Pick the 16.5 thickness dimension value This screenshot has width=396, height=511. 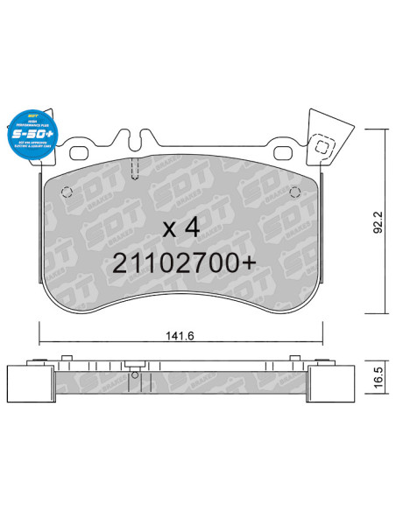click(378, 380)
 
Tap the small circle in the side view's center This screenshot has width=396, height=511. click(133, 377)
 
